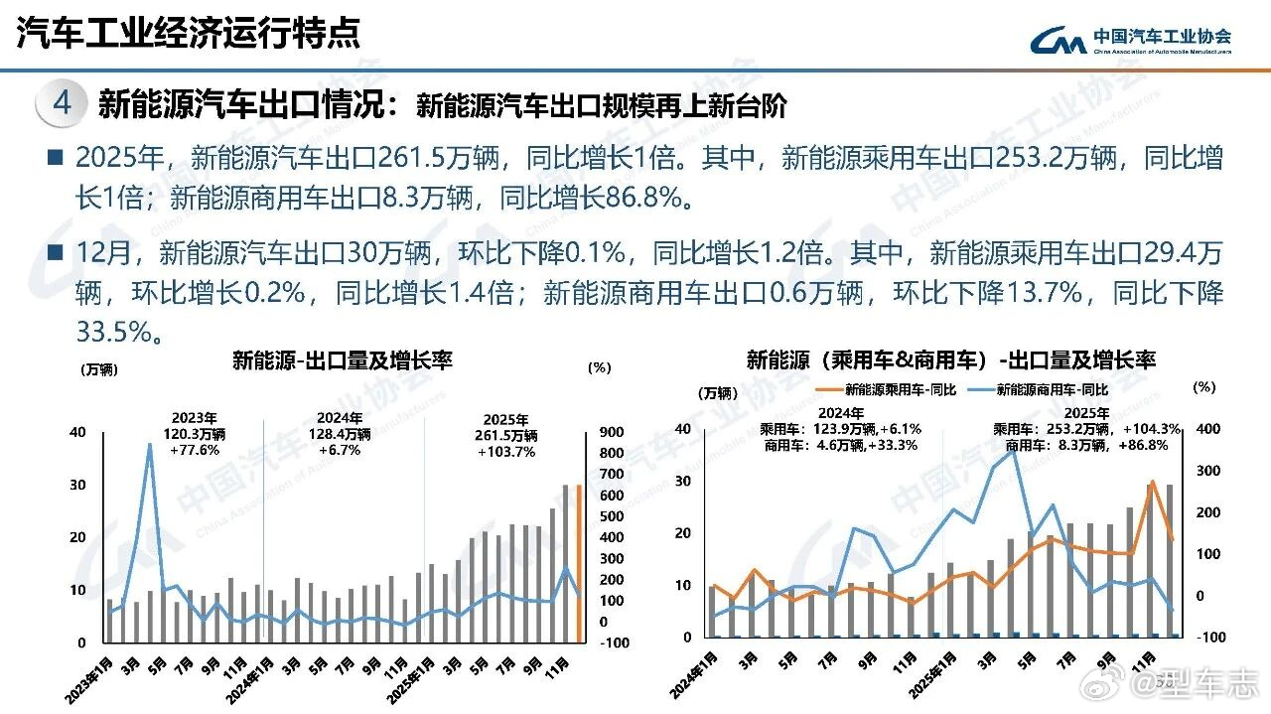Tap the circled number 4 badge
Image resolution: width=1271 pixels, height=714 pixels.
(x=62, y=103)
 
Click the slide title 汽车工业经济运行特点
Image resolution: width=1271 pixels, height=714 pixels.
(x=188, y=33)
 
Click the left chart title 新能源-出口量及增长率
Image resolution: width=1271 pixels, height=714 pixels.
(x=343, y=360)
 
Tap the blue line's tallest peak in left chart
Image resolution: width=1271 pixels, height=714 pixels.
(x=149, y=444)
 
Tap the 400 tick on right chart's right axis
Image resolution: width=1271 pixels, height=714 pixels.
(x=1204, y=429)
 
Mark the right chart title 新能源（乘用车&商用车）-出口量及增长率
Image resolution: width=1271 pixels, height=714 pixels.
(x=950, y=359)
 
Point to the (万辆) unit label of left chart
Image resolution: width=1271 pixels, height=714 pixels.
(x=98, y=369)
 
